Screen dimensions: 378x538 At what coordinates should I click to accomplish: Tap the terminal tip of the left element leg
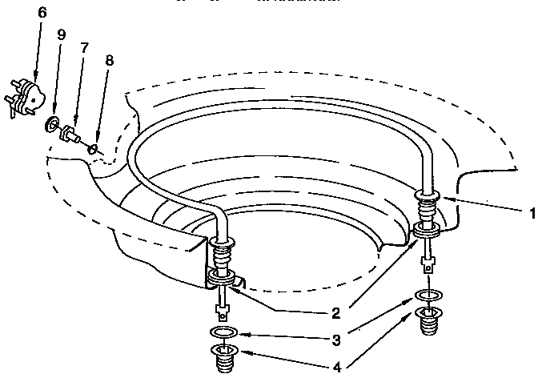click(223, 309)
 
